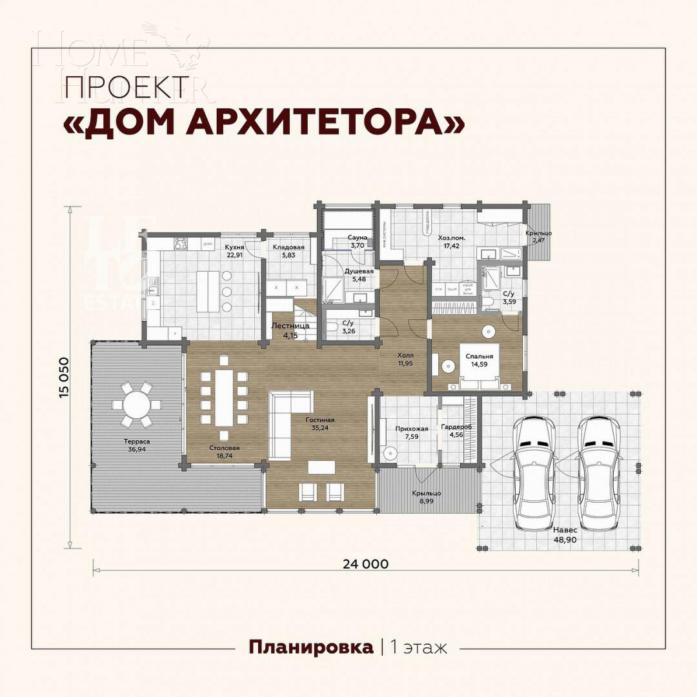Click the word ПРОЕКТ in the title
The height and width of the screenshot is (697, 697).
pyautogui.click(x=126, y=87)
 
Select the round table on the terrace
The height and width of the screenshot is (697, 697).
pyautogui.click(x=136, y=405)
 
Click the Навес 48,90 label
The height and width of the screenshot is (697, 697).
pyautogui.click(x=565, y=534)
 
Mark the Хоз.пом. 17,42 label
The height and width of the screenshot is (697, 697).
pyautogui.click(x=452, y=241)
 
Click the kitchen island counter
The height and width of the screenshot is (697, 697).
pyautogui.click(x=207, y=291)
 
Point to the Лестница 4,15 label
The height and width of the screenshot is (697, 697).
pyautogui.click(x=290, y=330)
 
